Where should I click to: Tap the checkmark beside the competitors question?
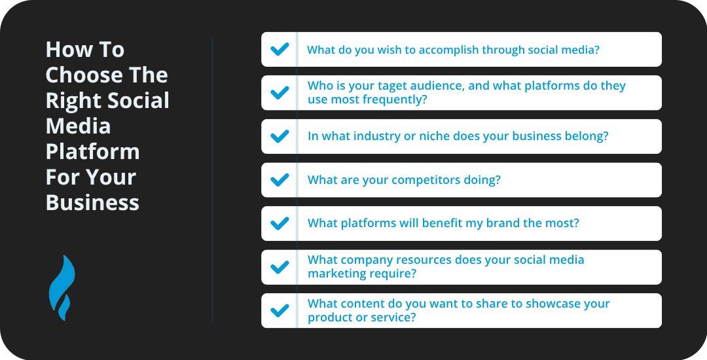280,180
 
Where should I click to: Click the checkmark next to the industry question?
280,136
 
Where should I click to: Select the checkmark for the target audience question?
280,92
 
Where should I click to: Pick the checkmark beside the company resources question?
280,267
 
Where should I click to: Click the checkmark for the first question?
280,49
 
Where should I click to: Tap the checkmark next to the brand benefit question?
280,223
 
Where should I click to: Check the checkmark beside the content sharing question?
280,310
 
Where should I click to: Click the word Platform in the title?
92,152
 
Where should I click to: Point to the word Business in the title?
92,203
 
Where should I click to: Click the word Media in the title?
78,126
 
